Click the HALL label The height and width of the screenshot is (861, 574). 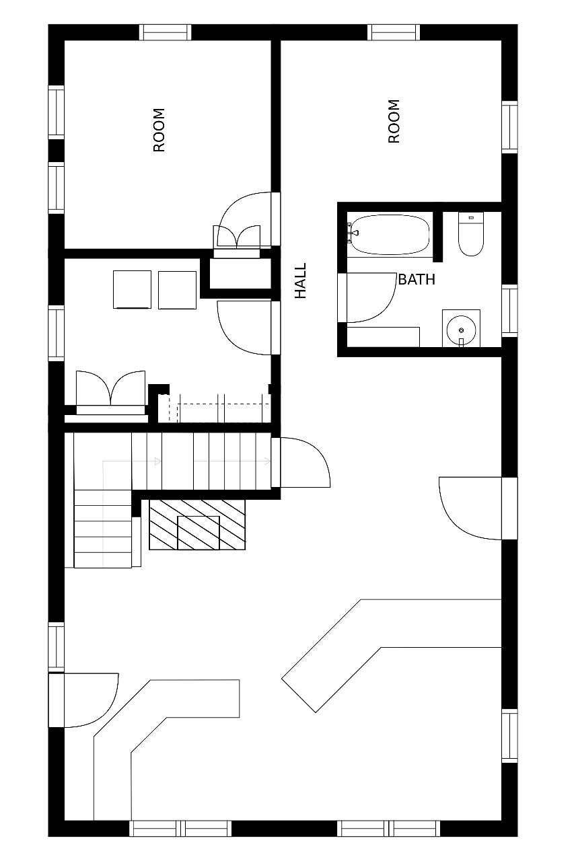[x=300, y=280]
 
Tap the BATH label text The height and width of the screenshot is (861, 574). [x=417, y=279]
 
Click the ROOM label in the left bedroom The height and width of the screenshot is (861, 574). [x=159, y=130]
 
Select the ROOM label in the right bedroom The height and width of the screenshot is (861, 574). [x=394, y=122]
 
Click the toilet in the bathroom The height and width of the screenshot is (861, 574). [x=471, y=234]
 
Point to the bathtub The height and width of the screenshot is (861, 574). [x=388, y=235]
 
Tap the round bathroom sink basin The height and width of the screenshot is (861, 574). [x=461, y=330]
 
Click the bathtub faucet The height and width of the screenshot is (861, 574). [x=352, y=233]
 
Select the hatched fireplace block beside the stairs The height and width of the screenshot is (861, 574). [x=197, y=525]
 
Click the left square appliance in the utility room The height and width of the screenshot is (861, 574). [x=133, y=289]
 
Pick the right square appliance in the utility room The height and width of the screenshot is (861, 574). [x=177, y=290]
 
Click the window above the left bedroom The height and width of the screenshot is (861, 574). [x=165, y=32]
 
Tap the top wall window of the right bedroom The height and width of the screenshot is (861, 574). [x=393, y=32]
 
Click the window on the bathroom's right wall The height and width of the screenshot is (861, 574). [x=510, y=311]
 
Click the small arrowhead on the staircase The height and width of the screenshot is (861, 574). [x=157, y=461]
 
